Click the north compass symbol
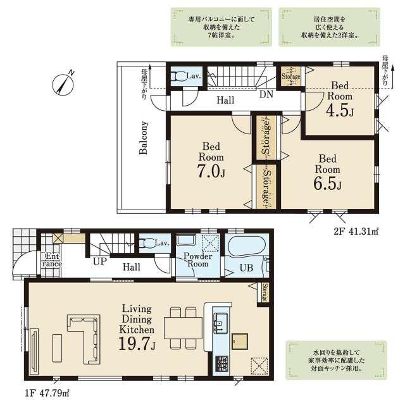click(63, 84)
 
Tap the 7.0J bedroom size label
click(211, 171)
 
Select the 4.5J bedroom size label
click(340, 111)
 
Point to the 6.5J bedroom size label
click(328, 184)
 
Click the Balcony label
click(144, 138)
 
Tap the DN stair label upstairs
click(266, 94)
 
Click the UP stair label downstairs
click(100, 261)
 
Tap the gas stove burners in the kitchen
click(222, 364)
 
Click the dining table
click(183, 328)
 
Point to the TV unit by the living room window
click(34, 351)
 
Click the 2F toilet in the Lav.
click(178, 76)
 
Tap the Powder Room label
click(198, 260)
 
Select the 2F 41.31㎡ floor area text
click(356, 231)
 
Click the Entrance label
click(52, 260)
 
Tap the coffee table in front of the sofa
click(57, 348)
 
